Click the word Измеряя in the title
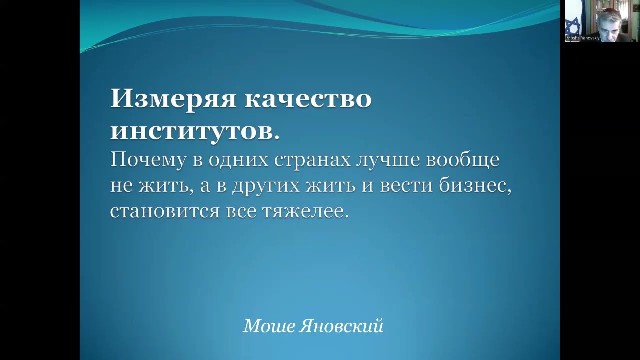pyautogui.click(x=173, y=99)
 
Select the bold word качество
pyautogui.click(x=308, y=99)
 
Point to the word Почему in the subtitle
pyautogui.click(x=148, y=160)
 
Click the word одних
pyautogui.click(x=239, y=161)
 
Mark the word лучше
pyautogui.click(x=388, y=161)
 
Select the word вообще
pyautogui.click(x=463, y=160)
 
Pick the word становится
pyautogui.click(x=165, y=212)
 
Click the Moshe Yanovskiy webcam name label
pyautogui.click(x=583, y=38)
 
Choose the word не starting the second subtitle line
pyautogui.click(x=121, y=187)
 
